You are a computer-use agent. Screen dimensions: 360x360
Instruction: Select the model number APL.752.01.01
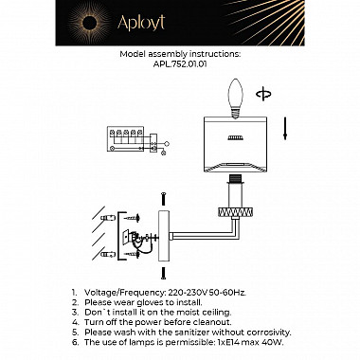click(x=180, y=66)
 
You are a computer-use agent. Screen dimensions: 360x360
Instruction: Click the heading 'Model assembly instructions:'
click(x=180, y=56)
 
